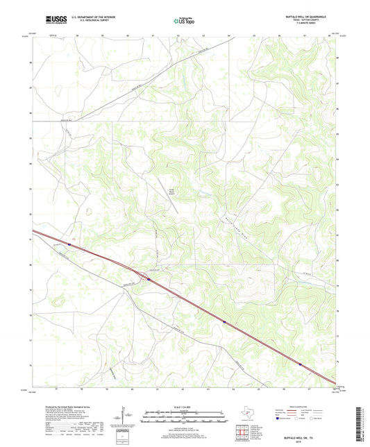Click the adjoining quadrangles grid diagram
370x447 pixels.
[x=240, y=433]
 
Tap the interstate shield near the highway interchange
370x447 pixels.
[x=149, y=279]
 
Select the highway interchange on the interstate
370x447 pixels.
[x=144, y=276]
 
